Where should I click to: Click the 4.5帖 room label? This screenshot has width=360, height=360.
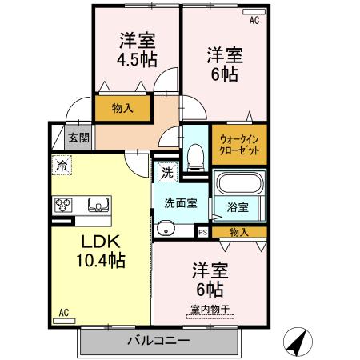138,50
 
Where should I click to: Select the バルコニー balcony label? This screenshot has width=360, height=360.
158,342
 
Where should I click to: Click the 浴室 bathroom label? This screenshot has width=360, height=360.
238,206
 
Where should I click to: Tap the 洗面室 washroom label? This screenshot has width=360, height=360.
181,202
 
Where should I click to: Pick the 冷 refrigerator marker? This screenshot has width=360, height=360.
62,166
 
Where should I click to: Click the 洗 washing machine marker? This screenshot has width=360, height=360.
166,172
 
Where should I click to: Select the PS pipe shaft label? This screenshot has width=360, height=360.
202,232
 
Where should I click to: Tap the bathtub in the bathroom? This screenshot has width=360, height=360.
239,186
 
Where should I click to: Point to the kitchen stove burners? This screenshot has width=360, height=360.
63,206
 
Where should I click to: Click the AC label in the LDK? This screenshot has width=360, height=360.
64,313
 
